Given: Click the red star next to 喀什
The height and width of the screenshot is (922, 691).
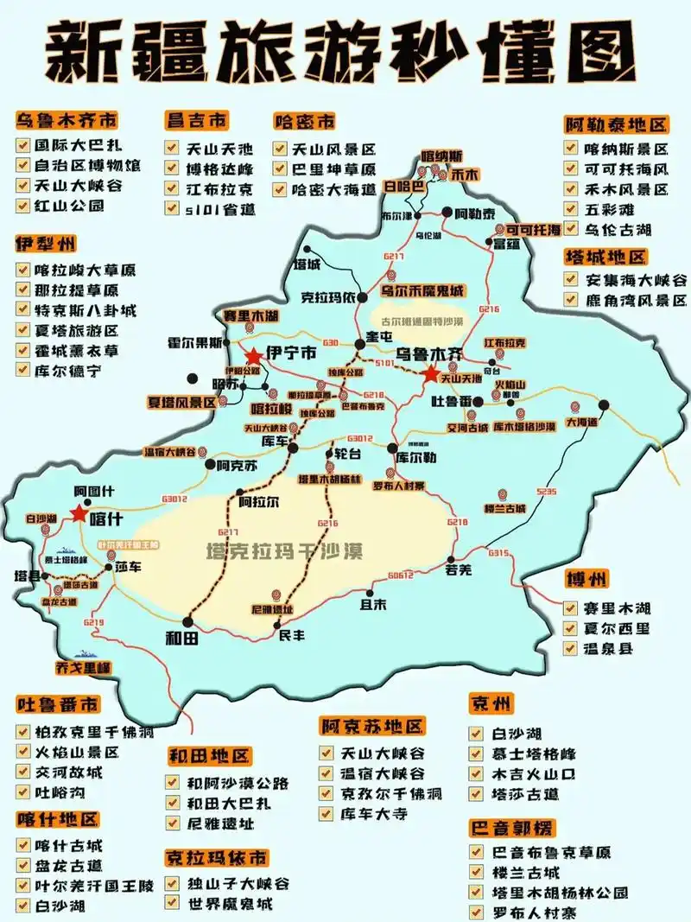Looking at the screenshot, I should click(79, 513).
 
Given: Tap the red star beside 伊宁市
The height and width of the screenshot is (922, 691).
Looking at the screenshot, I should click(253, 356).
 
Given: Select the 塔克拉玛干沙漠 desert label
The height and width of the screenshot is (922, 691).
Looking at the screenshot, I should click(284, 550).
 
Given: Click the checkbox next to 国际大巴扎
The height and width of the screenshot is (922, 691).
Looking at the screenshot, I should click(23, 144).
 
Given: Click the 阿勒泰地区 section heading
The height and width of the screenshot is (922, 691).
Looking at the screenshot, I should click(617, 124).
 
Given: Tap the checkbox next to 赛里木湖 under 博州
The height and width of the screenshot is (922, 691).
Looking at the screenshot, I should click(571, 607).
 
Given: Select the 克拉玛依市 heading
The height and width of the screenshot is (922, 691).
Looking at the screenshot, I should click(217, 858).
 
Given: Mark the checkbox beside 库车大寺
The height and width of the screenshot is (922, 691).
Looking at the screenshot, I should click(326, 813).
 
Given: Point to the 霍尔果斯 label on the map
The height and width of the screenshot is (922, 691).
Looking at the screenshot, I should click(195, 342).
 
